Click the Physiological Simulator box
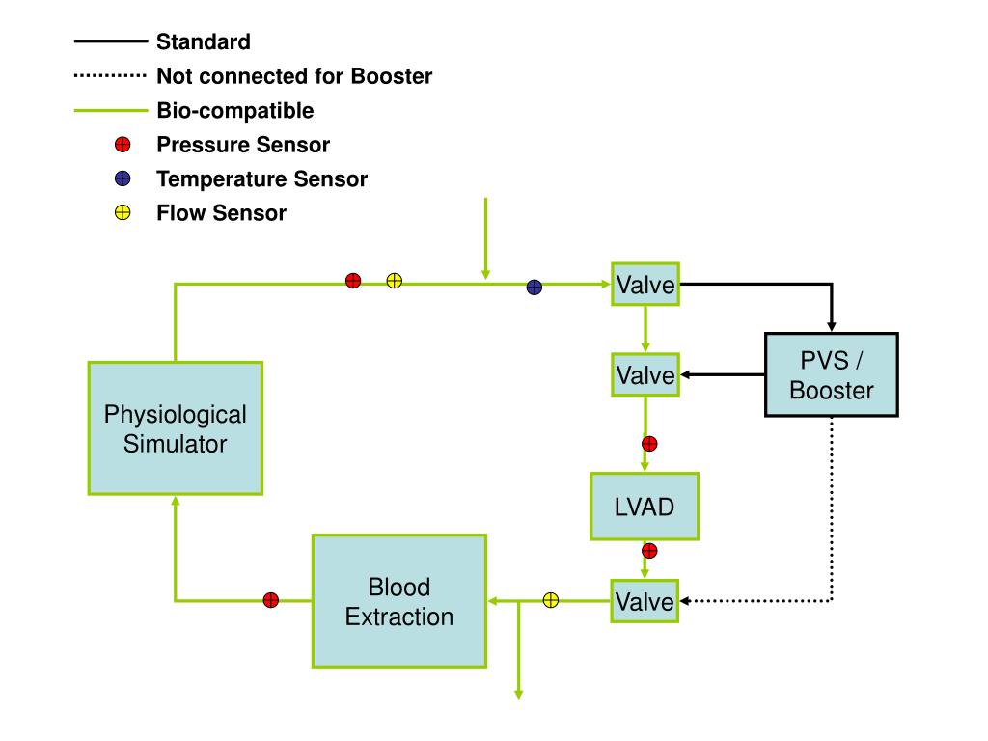tap(176, 428)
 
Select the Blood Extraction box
tap(399, 601)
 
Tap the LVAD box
tap(645, 507)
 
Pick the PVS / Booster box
tap(832, 375)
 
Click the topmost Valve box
tap(645, 285)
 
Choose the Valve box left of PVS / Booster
tap(645, 375)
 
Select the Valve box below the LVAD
tap(645, 601)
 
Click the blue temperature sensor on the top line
tap(535, 288)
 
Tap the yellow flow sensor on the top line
tap(395, 281)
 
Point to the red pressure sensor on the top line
tap(353, 281)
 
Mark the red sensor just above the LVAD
tap(649, 444)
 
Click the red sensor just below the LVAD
tap(649, 551)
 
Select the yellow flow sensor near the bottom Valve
tap(551, 600)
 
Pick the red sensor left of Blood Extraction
tap(271, 600)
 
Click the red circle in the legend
tap(123, 145)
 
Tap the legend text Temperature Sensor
tap(262, 178)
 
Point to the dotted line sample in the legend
tap(110, 75)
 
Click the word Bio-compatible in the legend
tap(235, 111)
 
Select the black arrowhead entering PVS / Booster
tap(832, 326)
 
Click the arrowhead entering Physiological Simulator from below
tap(176, 501)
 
